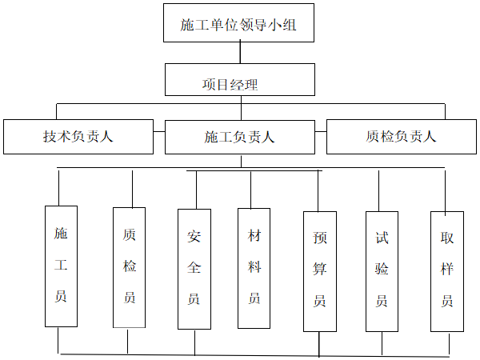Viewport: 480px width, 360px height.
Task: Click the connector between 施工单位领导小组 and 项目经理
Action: [240, 53]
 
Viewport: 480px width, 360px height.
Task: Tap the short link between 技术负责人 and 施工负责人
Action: [159, 132]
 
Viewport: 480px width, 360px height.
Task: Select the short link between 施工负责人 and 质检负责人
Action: [321, 132]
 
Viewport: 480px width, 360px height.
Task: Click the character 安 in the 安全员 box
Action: [194, 236]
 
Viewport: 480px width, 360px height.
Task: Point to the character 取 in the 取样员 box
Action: [447, 238]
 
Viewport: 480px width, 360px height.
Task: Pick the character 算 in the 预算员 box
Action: [319, 269]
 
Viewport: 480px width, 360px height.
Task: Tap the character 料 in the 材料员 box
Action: [254, 267]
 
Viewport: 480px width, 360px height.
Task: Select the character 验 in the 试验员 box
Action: [382, 269]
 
